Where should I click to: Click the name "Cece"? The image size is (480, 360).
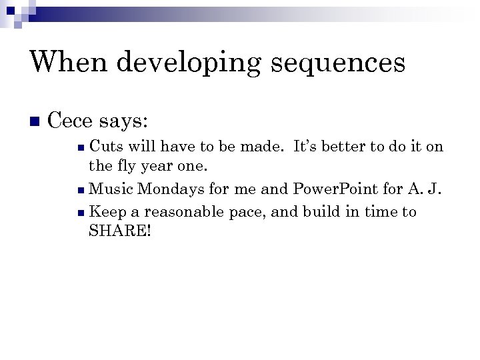click(71, 121)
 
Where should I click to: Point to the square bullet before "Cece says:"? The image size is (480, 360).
click(35, 122)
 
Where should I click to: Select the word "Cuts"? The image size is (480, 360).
click(105, 147)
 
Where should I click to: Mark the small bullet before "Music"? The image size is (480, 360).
click(81, 190)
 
